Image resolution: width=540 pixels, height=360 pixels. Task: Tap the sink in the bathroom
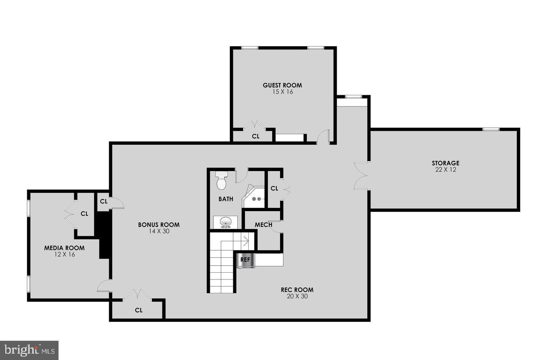click(x=226, y=222)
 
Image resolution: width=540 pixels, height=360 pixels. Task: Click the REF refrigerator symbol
click(x=245, y=260)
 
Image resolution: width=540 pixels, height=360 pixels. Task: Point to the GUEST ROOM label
click(x=282, y=85)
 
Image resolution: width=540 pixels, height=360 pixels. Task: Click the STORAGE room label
click(x=445, y=163)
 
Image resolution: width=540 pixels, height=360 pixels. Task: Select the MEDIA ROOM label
click(x=64, y=248)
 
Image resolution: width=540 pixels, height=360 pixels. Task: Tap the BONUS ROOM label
click(x=159, y=225)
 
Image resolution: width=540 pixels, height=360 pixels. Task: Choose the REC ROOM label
click(x=297, y=289)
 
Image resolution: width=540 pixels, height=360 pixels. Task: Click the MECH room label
click(x=263, y=225)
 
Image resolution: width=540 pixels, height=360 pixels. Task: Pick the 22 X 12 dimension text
click(x=445, y=169)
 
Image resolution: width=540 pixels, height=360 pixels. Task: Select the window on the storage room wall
click(x=491, y=129)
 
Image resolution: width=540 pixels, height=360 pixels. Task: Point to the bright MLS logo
click(x=29, y=350)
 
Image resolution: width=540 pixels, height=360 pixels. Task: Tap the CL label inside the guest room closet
click(x=255, y=136)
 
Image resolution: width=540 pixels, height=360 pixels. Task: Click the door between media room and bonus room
click(x=104, y=286)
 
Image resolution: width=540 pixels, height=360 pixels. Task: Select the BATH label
click(x=226, y=199)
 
